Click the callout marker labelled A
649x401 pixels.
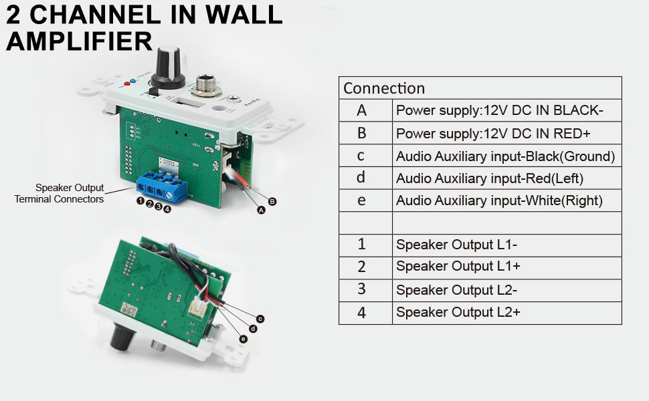261,209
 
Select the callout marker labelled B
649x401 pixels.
272,200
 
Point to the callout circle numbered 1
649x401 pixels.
141,200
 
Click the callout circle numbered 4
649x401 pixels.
167,209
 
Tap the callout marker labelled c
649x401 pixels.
260,318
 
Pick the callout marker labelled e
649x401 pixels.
243,339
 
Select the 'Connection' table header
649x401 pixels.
384,88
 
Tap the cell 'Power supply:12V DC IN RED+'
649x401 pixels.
493,133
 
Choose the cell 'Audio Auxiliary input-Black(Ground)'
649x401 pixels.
505,156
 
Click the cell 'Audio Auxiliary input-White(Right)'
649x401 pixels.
499,200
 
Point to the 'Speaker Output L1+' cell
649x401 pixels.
458,266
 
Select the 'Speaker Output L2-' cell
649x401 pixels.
456,289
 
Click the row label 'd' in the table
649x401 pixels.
361,178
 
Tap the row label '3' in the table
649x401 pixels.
361,289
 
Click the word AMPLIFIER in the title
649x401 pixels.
79,41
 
